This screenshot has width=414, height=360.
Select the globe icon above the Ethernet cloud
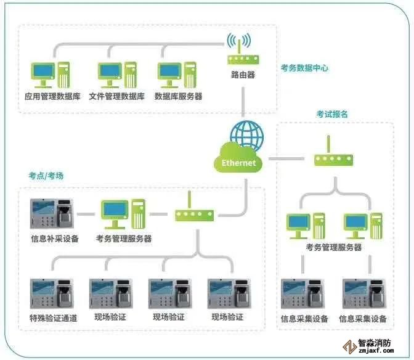point(246,136)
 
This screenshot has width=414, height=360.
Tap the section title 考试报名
point(332,114)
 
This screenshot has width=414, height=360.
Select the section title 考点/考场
point(46,176)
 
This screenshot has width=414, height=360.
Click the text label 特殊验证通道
point(53,317)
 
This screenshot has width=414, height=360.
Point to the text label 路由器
point(243,75)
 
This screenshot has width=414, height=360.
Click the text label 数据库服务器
point(178,97)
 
